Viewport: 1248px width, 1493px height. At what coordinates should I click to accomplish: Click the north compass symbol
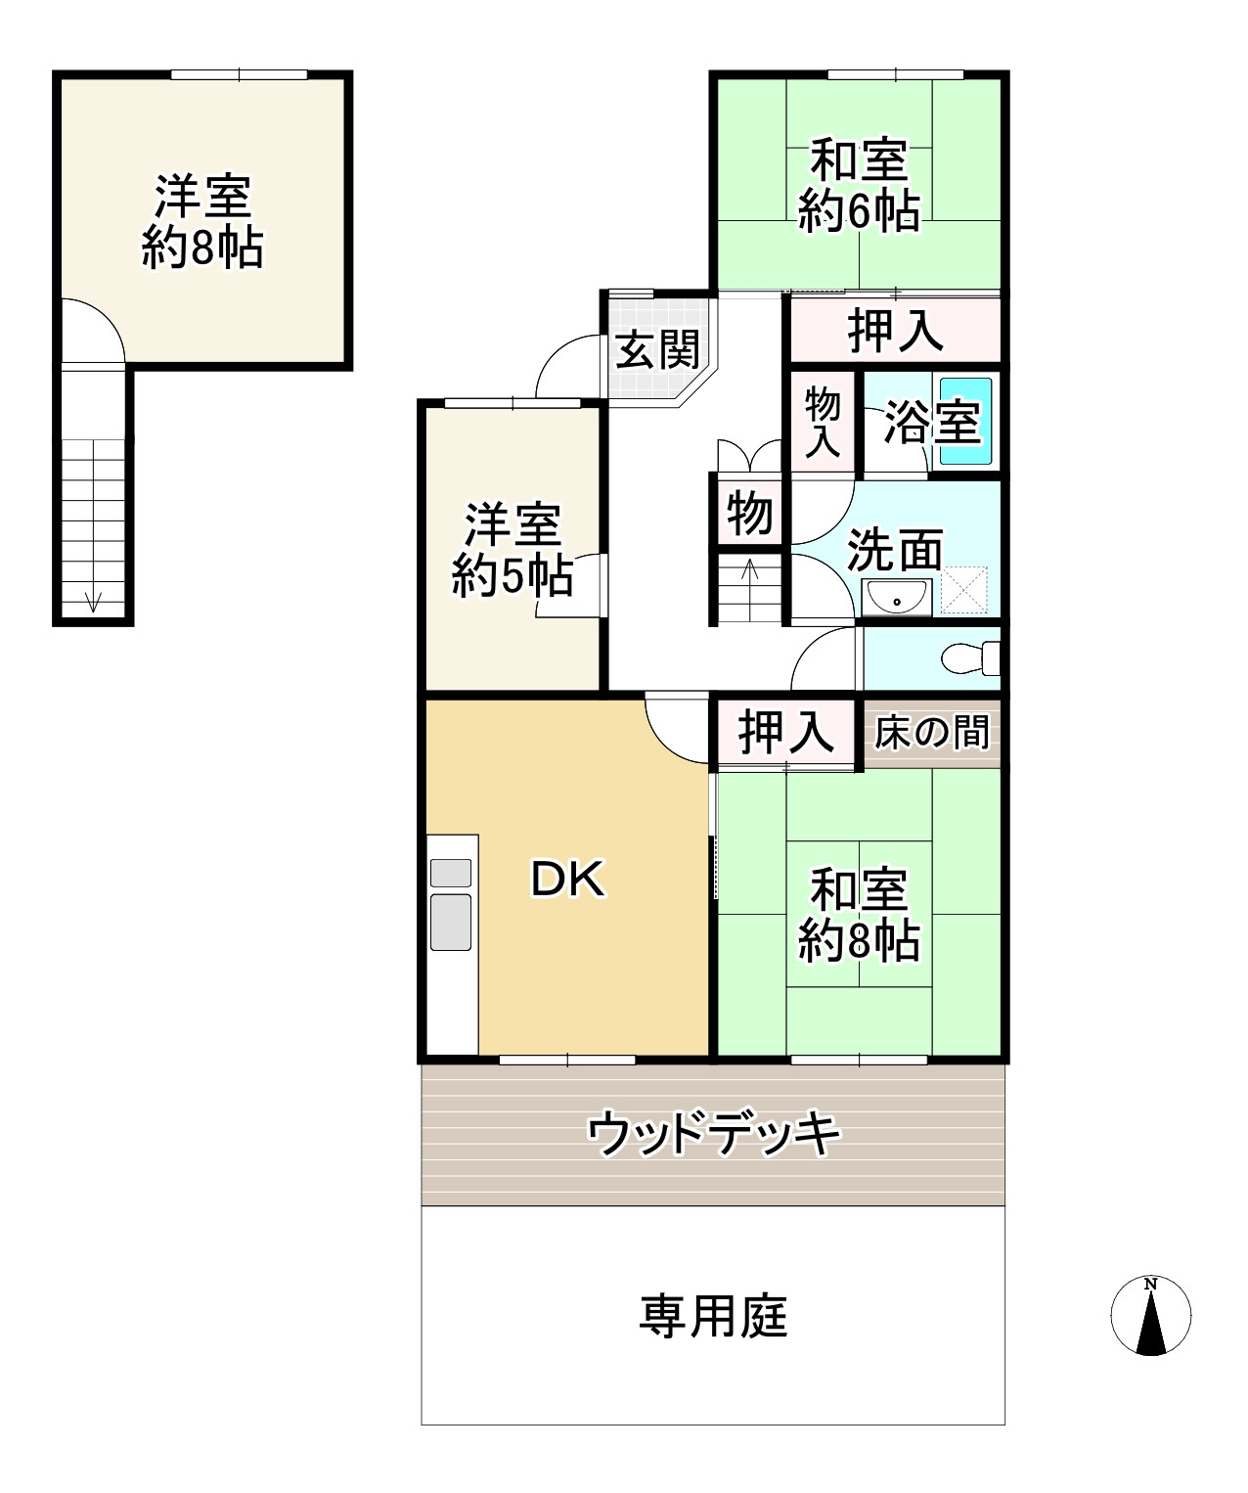point(1151,1316)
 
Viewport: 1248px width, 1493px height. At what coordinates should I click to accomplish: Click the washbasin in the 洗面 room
point(896,595)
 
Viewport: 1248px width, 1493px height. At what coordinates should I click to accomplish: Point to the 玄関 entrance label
point(657,349)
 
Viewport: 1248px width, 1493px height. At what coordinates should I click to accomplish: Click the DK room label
point(568,881)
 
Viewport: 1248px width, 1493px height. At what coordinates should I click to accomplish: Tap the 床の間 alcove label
point(931,731)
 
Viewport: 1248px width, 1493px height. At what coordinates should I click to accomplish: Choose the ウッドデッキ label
point(713,1134)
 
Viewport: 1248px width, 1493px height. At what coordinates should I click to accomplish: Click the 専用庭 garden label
point(713,1316)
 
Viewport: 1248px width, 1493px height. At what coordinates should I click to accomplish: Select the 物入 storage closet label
point(823,422)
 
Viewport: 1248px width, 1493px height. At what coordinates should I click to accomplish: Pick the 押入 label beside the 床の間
point(786,732)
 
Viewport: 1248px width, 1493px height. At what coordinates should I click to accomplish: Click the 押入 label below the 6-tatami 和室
point(895,330)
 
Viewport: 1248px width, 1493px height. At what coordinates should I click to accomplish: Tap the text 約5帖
point(512,577)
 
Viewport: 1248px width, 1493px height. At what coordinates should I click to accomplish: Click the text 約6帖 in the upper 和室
point(859,211)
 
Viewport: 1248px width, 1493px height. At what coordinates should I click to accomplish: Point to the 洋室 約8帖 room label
point(202,222)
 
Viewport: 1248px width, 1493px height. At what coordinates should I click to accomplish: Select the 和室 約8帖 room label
point(859,916)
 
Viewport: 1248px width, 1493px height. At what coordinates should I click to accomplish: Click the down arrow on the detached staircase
point(93,600)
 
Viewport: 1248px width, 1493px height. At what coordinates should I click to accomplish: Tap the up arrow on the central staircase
point(750,570)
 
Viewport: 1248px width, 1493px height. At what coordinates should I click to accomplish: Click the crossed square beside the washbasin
point(963,591)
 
